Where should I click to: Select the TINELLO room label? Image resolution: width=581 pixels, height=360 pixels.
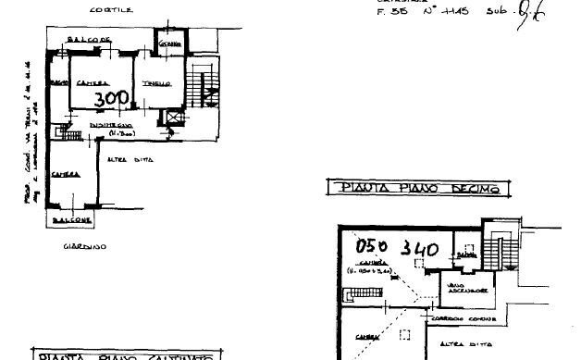(x=154, y=84)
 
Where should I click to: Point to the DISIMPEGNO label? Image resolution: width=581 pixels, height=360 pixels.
(x=112, y=124)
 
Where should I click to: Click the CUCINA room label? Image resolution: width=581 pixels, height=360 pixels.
(x=168, y=45)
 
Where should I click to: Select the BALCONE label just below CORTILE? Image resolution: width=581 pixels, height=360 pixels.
(x=93, y=41)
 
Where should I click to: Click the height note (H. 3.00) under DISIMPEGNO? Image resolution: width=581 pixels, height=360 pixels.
(x=121, y=134)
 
